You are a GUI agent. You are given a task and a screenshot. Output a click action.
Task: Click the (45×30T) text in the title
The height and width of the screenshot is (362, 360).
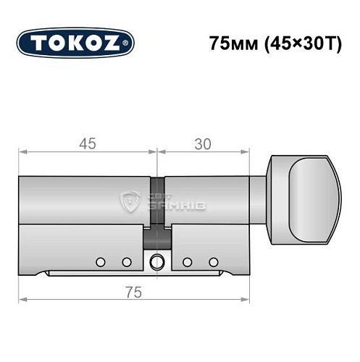(x=293, y=42)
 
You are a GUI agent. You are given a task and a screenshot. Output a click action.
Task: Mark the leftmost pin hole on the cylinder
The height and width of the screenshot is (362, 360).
(x=100, y=261)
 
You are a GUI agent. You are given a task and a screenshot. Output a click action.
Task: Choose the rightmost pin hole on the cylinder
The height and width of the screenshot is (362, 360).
(x=213, y=261)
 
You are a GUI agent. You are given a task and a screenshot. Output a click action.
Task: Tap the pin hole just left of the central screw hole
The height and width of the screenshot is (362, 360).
(x=125, y=261)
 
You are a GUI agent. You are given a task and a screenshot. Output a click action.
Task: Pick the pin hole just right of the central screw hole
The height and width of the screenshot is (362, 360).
(x=187, y=261)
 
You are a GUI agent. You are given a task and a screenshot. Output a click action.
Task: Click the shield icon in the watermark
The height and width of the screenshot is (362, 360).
(x=133, y=200)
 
